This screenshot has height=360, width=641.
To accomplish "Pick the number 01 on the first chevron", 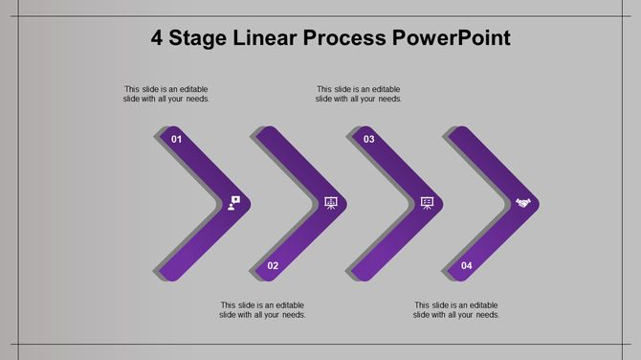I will click(x=176, y=140).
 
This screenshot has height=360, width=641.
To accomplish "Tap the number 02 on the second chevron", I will click(x=273, y=265).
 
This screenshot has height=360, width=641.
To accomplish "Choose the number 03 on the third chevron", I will click(x=368, y=140).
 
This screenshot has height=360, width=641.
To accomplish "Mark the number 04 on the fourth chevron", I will click(x=466, y=265).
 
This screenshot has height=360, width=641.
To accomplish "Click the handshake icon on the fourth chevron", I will click(x=523, y=203).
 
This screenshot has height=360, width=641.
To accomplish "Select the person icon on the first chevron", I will click(x=234, y=203).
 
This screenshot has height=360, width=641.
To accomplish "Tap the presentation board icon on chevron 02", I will click(x=331, y=203).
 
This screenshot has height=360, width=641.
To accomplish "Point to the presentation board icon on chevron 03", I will click(x=427, y=203).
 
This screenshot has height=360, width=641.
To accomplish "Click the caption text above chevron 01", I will click(x=166, y=94).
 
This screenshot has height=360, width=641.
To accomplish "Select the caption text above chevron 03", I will click(x=359, y=94).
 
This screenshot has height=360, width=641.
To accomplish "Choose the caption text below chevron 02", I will click(x=262, y=309).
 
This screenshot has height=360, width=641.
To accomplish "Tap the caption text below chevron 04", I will click(x=455, y=309).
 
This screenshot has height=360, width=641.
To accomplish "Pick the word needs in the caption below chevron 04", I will click(x=487, y=315).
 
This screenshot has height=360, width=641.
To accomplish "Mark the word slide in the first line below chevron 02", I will click(x=251, y=304).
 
